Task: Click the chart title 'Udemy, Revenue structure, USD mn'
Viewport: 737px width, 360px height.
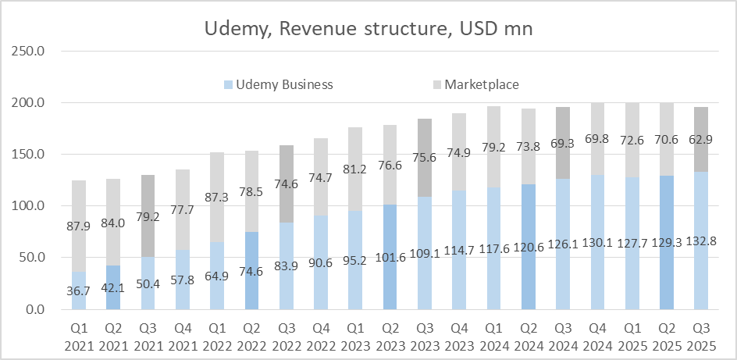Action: (368, 29)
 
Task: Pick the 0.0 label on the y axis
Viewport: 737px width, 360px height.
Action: (34, 309)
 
